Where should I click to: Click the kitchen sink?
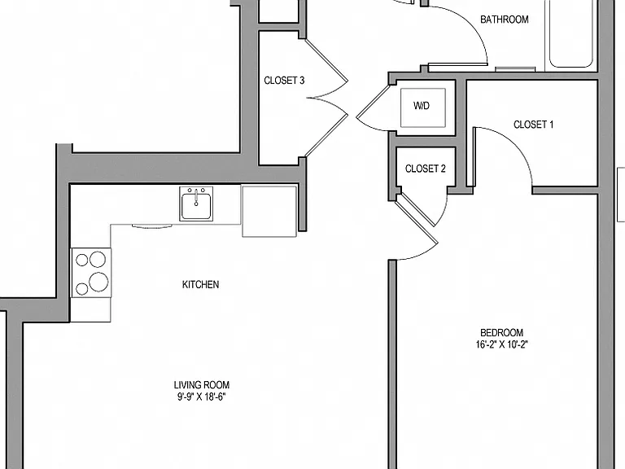tap(195, 204)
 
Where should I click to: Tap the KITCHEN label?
tap(200, 284)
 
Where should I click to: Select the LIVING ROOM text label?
tap(202, 385)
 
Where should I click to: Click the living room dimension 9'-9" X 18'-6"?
tap(202, 397)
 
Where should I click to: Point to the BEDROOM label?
tap(501, 332)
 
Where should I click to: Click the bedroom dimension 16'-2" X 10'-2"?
tap(501, 344)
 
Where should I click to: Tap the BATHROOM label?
tap(505, 20)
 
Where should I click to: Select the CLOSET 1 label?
tap(533, 125)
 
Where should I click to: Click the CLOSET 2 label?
tap(426, 169)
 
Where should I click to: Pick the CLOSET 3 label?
tap(284, 81)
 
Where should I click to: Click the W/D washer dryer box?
tap(422, 107)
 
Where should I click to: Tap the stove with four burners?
tap(91, 273)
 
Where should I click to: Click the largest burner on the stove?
tap(98, 282)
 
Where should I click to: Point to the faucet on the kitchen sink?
tap(196, 197)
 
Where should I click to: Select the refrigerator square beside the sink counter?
tap(269, 211)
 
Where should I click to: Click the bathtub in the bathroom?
tap(570, 34)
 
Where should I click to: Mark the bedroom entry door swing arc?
tap(423, 254)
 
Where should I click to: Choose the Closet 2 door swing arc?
tap(444, 212)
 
